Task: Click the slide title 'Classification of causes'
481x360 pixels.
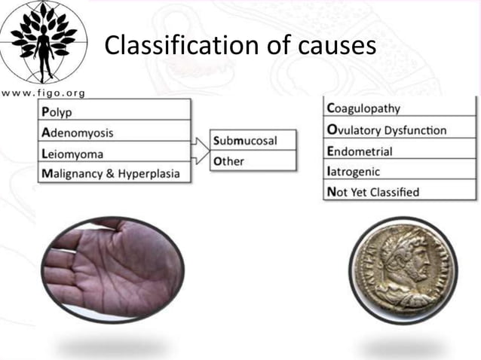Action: (x=240, y=47)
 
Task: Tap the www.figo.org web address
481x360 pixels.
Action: (x=44, y=93)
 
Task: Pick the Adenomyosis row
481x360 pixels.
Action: (x=113, y=133)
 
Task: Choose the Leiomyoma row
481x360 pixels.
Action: (x=113, y=154)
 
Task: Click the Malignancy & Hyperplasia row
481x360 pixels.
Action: (x=113, y=174)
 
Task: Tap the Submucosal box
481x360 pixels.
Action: (x=253, y=141)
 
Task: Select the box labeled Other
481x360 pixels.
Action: (x=253, y=161)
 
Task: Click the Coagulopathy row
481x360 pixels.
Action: (x=400, y=108)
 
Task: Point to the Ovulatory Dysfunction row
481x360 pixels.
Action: (x=400, y=130)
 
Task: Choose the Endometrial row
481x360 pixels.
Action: (x=400, y=151)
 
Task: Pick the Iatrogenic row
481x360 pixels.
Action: (x=400, y=171)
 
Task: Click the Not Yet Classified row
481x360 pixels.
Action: (x=400, y=191)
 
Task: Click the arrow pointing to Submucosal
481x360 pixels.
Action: (x=201, y=143)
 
